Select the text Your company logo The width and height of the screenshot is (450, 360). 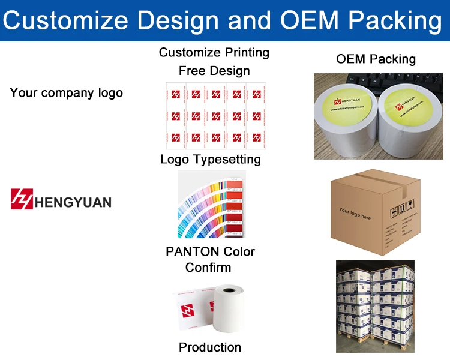click(x=66, y=93)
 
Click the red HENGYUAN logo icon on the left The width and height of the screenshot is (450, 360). click(x=22, y=199)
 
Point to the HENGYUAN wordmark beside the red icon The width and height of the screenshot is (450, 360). click(x=73, y=201)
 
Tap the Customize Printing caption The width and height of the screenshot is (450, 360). click(x=214, y=53)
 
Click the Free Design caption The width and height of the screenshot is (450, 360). click(x=214, y=71)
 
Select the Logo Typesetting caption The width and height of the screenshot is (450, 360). click(x=210, y=159)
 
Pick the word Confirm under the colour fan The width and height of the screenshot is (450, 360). click(x=208, y=267)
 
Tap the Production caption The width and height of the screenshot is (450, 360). click(x=210, y=347)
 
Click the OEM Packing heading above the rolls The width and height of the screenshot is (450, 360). click(x=376, y=59)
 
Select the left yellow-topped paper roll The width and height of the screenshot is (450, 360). click(x=344, y=120)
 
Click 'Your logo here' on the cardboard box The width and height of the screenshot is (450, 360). click(x=355, y=213)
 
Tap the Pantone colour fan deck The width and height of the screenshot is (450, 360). click(x=211, y=204)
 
